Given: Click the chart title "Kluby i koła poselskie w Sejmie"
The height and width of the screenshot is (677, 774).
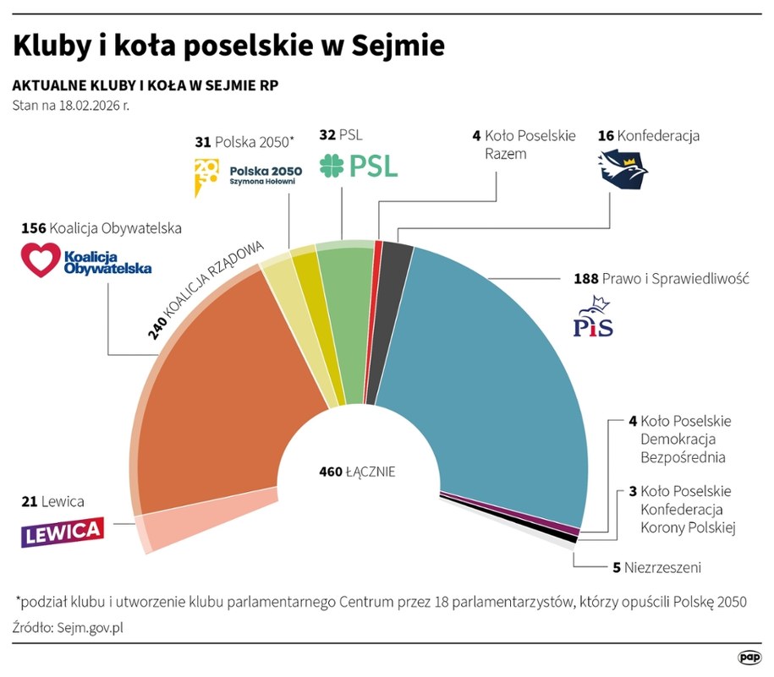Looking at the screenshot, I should (228, 46).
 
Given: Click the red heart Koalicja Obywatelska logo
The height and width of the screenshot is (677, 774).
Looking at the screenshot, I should (41, 259).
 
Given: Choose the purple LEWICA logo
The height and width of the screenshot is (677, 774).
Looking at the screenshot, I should (63, 531).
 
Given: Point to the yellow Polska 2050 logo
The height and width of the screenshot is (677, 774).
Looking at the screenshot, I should (206, 175).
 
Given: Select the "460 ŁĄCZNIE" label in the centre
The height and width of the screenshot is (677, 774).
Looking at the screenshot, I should (357, 472).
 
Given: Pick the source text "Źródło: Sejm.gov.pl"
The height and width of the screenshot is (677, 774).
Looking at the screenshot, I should (74, 627).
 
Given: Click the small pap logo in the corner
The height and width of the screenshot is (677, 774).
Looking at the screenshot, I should (749, 656).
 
